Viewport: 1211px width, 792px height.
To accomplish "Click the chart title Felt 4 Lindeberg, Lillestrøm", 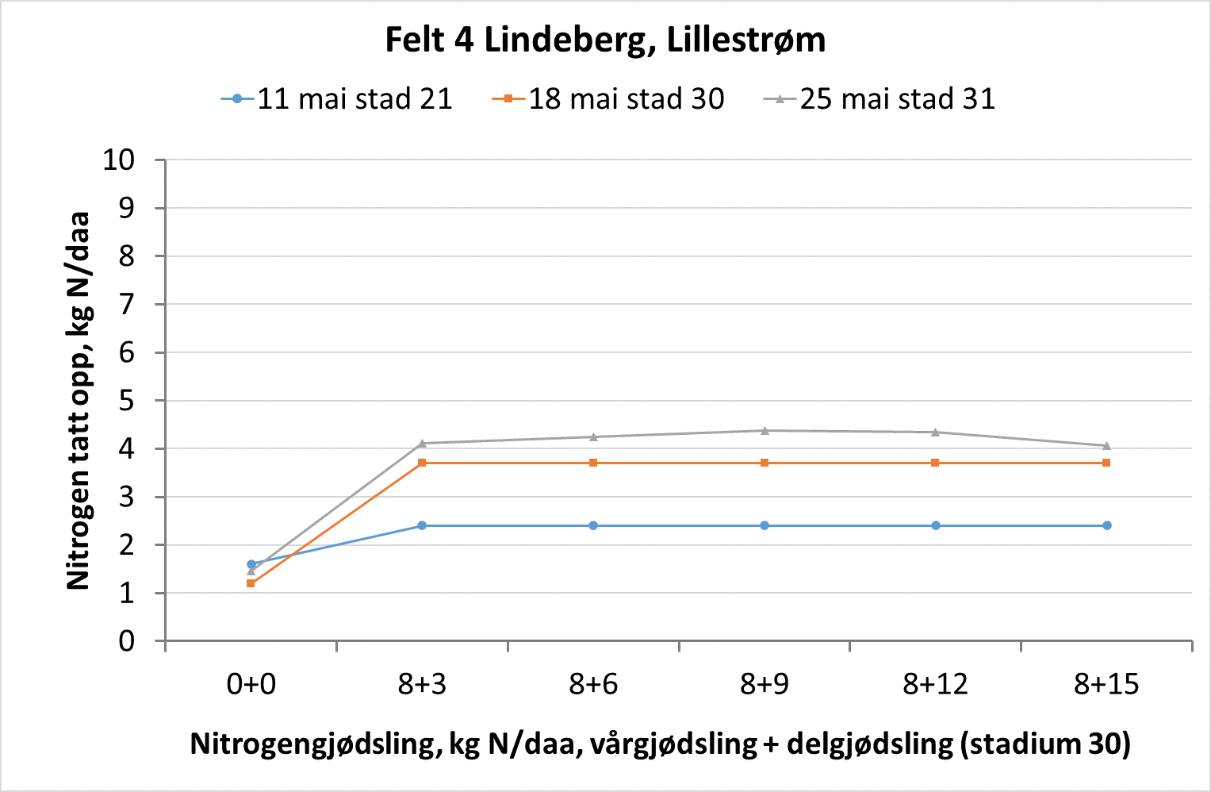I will tap(605, 40).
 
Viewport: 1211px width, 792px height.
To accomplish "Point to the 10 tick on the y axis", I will tap(119, 160).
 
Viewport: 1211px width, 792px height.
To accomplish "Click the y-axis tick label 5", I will tap(127, 401).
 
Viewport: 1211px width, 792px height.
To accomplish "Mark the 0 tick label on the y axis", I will tap(127, 641).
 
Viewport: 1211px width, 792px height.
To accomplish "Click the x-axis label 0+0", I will tap(251, 684).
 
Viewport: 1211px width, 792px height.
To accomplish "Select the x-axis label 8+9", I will tap(764, 684).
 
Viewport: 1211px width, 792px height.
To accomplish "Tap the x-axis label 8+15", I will tap(1106, 684).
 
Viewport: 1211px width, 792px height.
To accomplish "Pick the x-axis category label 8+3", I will tap(422, 684).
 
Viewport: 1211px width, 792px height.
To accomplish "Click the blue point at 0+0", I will tap(251, 564).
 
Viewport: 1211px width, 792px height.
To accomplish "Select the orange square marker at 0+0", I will tap(251, 583).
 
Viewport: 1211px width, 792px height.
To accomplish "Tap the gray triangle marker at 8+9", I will tap(765, 430).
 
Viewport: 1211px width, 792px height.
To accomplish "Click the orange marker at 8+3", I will tap(422, 463).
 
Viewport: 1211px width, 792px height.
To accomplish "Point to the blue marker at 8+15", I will tap(1106, 525).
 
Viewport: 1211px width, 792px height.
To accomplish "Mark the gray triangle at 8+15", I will tap(1106, 445).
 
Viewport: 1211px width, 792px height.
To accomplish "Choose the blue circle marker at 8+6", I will tap(593, 525).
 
